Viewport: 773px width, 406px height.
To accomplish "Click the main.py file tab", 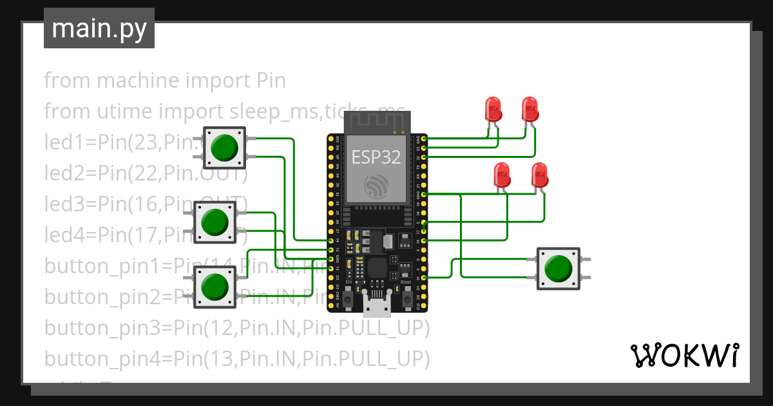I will (x=99, y=28).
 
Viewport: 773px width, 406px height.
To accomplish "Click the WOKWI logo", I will (x=683, y=356).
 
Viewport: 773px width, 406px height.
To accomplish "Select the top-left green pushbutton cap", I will (x=224, y=148).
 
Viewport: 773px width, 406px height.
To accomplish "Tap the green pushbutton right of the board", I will (x=558, y=268).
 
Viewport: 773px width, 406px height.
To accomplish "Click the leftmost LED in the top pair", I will (x=493, y=109).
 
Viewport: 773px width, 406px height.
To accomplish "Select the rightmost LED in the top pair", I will (x=530, y=109).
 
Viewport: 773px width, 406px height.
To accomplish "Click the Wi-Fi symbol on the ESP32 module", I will (x=377, y=186).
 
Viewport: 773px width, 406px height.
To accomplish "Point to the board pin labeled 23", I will (x=424, y=148).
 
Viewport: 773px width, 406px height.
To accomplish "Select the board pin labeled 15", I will (x=424, y=278).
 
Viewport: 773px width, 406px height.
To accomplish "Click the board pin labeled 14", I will (x=330, y=240).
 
